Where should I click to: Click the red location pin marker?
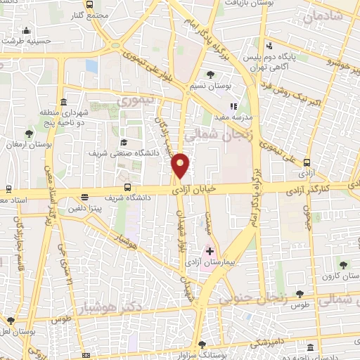click(181, 165)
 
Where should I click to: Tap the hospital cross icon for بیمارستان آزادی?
click(210, 250)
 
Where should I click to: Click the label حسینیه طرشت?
click(27, 41)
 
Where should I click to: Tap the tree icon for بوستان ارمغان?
click(29, 134)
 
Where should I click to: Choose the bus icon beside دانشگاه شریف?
click(127, 187)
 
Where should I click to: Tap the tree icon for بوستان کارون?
click(343, 265)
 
